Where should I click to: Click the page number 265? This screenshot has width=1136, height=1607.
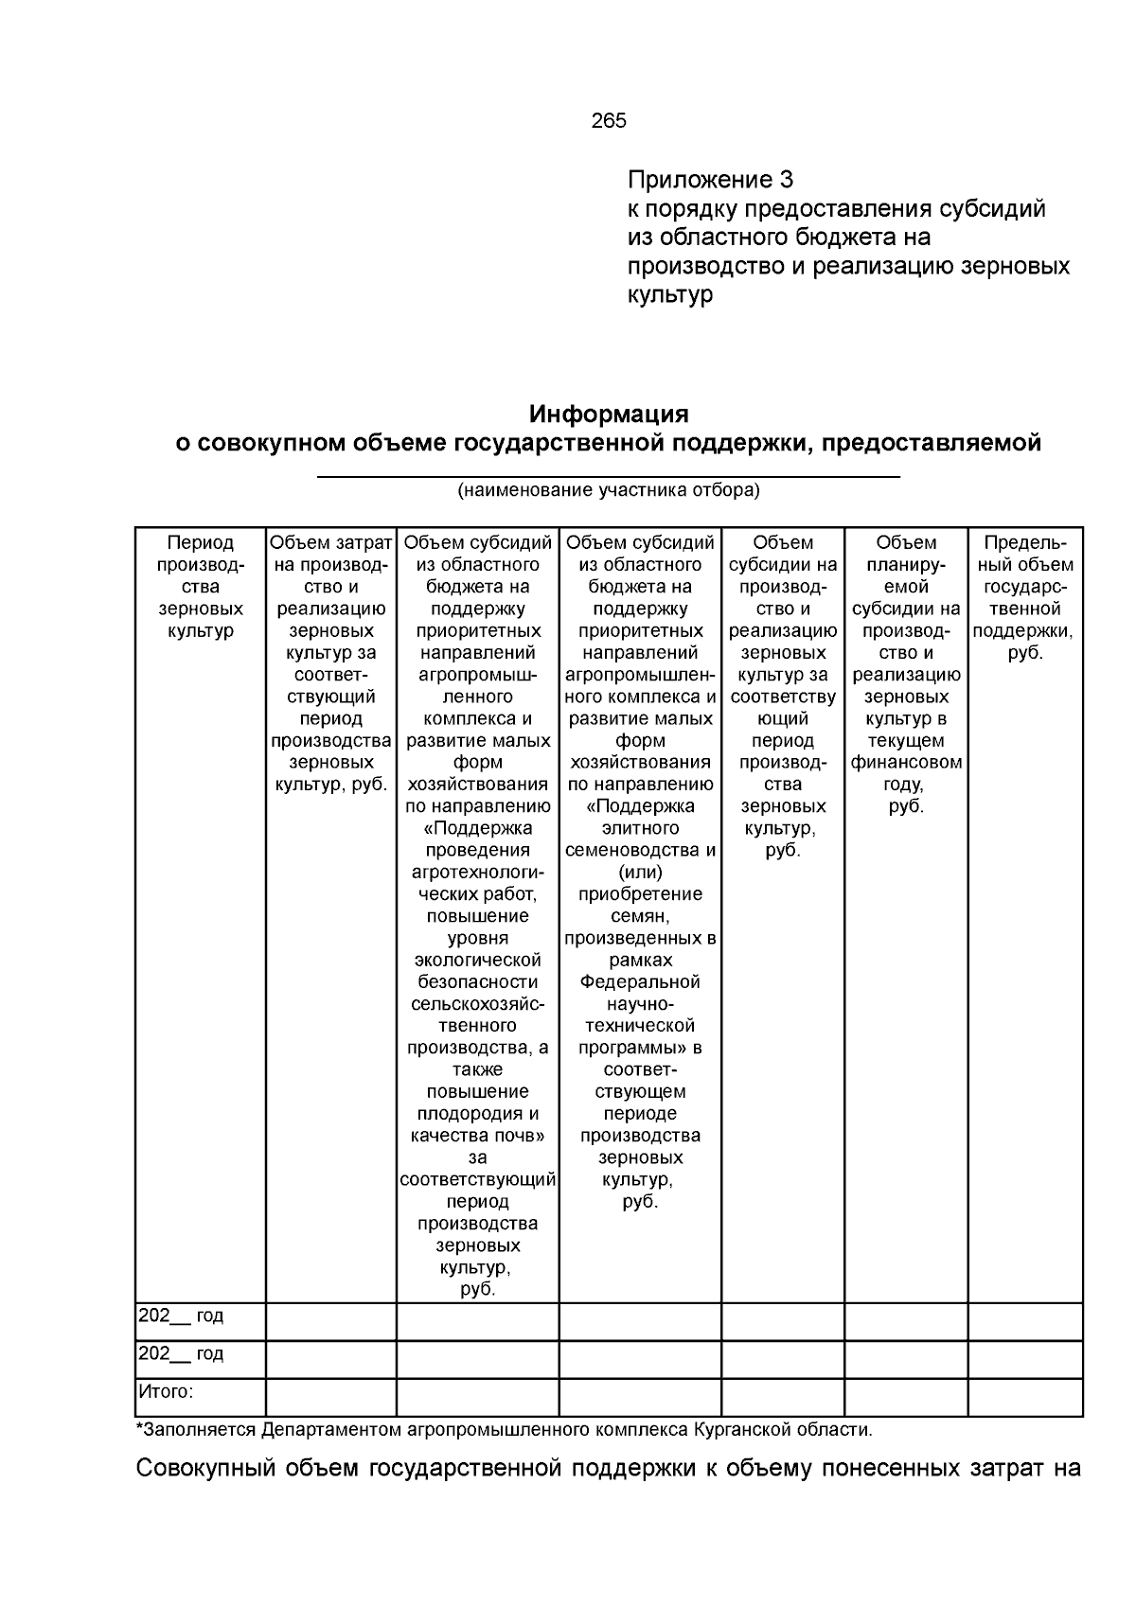[x=609, y=121]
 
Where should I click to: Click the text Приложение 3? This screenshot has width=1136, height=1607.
[x=710, y=180]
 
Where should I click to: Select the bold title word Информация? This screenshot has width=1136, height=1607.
[x=609, y=415]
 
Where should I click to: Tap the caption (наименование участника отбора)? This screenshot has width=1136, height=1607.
[x=609, y=490]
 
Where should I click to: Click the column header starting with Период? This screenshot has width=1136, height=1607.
[x=200, y=543]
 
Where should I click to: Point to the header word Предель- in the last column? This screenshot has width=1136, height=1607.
[x=1024, y=543]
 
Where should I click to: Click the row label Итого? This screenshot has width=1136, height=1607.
[x=166, y=1391]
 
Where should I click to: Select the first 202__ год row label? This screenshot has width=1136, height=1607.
[x=181, y=1316]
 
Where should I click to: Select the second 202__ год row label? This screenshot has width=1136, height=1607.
[x=181, y=1353]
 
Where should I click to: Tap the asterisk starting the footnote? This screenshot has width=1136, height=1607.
[x=139, y=1427]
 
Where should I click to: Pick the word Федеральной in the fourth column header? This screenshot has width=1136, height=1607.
[x=640, y=981]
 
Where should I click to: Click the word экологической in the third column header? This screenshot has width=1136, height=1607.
[x=477, y=960]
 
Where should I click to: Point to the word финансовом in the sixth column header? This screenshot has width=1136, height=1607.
[x=906, y=763]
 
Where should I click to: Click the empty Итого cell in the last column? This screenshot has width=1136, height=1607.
[x=1024, y=1397]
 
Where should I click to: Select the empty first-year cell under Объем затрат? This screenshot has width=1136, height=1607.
[x=330, y=1321]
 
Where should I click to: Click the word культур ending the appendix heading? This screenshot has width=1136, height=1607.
[x=669, y=295]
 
